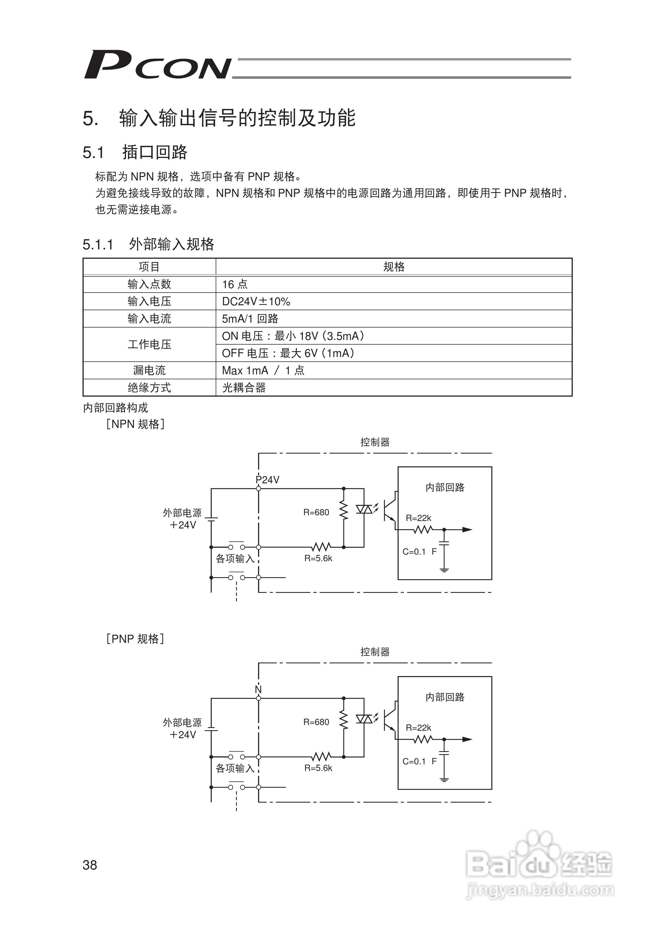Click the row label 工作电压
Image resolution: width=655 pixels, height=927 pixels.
[149, 344]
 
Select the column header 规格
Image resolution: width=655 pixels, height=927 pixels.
[393, 267]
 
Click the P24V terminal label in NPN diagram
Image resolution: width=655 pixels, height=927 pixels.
[268, 480]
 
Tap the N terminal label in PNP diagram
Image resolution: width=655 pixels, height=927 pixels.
[258, 689]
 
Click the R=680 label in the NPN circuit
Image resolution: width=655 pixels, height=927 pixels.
[316, 512]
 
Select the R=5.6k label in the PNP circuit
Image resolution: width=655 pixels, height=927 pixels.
[318, 768]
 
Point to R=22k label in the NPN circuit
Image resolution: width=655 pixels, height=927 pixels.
[418, 518]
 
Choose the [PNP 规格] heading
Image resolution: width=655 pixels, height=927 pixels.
[135, 639]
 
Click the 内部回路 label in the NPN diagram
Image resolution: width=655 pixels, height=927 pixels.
[445, 487]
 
